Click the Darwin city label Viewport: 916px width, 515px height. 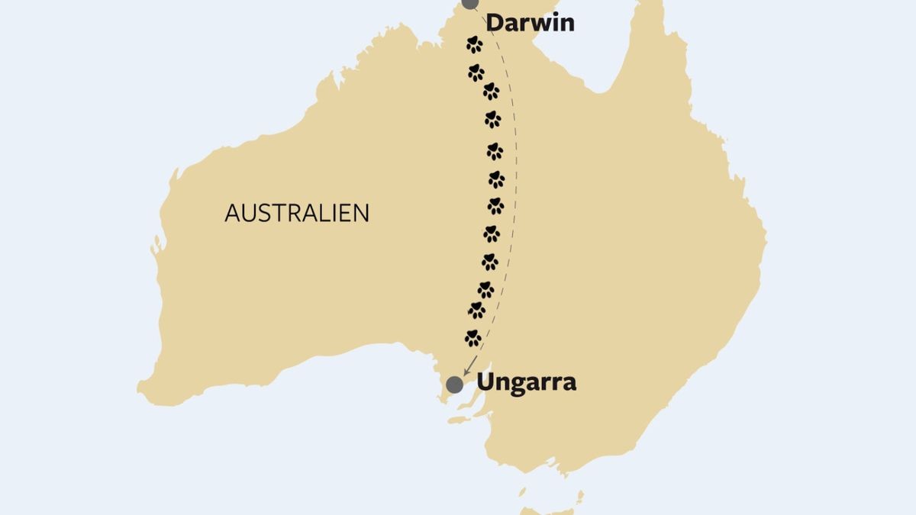530,23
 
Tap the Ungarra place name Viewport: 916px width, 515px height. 526,381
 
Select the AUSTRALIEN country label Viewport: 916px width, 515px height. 296,213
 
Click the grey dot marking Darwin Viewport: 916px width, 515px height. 470,2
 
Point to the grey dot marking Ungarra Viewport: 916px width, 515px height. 455,384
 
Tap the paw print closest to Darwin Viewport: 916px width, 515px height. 474,44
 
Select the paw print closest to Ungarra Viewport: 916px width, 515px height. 473,337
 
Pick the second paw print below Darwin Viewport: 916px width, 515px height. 476,72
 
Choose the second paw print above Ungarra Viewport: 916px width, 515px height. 476,310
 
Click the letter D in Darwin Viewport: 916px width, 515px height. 495,23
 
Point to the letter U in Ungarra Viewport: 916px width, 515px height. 486,381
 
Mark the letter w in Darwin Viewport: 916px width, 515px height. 534,24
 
